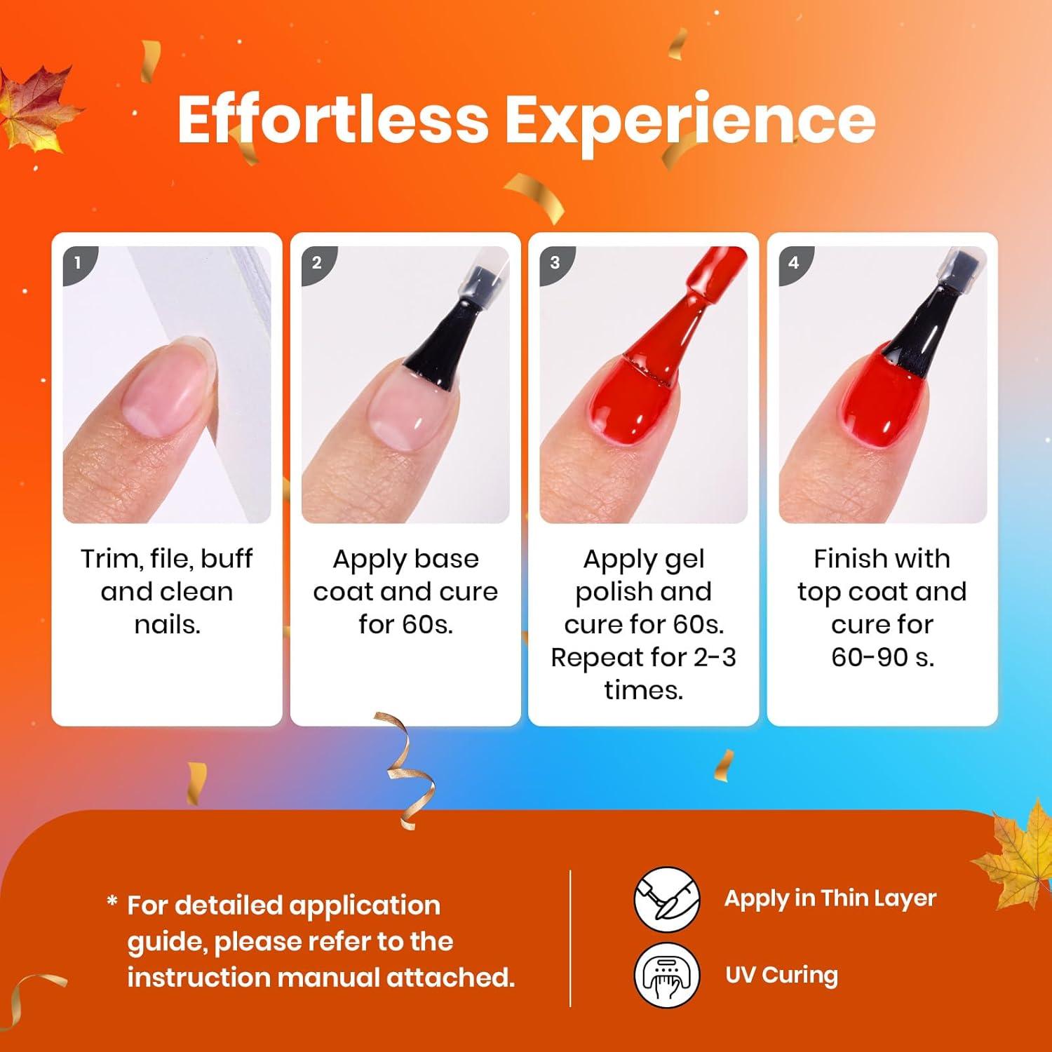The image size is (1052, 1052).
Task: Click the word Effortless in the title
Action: [332, 120]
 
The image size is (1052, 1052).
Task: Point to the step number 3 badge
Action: [555, 264]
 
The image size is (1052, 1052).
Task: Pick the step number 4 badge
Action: [793, 264]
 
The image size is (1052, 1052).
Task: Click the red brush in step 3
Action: [666, 330]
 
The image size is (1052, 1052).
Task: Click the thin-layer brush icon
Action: [667, 898]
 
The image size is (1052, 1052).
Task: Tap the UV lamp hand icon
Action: [667, 975]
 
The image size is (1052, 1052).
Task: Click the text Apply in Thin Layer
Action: [830, 898]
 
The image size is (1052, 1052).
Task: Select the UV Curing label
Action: [781, 976]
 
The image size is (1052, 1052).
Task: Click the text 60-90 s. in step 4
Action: [882, 657]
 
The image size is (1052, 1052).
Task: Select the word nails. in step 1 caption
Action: [167, 624]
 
